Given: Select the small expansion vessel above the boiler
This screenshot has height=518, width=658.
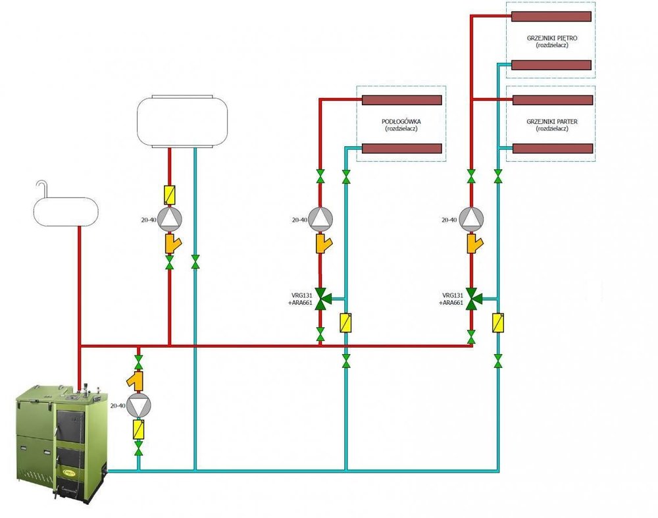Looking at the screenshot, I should tap(65, 208).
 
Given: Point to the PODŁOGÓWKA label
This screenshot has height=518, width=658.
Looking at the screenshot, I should tap(401, 122).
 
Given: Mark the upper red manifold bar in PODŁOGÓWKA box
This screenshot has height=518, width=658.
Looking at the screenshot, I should tap(401, 100).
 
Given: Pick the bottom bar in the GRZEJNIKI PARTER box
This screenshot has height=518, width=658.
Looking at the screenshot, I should tap(552, 148).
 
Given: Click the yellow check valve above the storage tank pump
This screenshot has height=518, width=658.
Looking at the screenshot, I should tap(170, 195).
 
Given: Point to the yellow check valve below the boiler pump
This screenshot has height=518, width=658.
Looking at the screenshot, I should tap(139, 430).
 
